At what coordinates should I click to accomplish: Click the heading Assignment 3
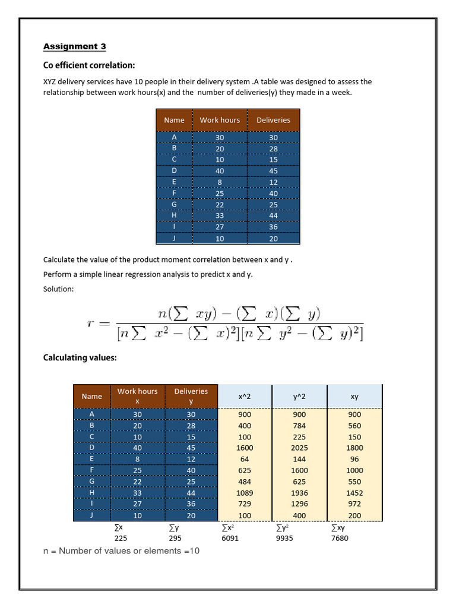coord(75,46)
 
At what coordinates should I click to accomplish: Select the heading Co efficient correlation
coord(89,65)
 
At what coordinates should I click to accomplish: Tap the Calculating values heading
coord(80,357)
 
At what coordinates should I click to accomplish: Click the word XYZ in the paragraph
coord(52,82)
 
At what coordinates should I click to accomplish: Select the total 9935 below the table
coord(284,538)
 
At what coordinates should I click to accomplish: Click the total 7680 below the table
coord(340,538)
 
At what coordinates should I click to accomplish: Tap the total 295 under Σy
coord(174,538)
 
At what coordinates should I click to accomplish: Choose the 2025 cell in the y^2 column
coord(299,448)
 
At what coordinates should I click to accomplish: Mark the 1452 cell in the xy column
coord(354,493)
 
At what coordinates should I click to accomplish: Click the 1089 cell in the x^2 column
coord(245,493)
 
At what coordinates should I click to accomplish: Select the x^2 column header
coord(245,396)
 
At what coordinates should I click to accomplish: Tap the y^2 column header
coord(299,396)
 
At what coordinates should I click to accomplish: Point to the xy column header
coord(354,396)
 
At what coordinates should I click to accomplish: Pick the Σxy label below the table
coord(337,527)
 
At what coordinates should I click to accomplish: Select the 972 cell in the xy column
coord(354,504)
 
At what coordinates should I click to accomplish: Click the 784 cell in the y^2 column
coord(299,426)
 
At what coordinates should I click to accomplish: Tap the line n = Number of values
coord(122,551)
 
